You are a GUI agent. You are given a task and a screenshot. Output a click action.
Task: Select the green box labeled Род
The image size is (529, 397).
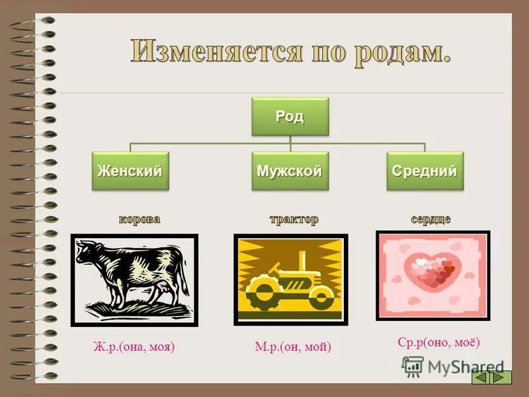290,117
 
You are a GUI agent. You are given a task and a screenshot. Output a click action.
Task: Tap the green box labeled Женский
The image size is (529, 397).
130,171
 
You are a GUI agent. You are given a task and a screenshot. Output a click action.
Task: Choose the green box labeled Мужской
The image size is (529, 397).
290,171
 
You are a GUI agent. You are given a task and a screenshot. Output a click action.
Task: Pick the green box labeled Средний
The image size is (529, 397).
425,171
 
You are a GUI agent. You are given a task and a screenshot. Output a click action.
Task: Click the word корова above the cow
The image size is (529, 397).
139,219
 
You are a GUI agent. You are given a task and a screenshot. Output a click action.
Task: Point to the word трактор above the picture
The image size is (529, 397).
293,219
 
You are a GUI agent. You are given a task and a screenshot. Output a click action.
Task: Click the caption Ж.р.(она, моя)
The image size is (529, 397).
134,346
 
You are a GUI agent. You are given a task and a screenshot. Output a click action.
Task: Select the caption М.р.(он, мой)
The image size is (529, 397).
292,346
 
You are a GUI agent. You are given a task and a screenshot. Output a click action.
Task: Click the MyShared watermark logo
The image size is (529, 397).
453,367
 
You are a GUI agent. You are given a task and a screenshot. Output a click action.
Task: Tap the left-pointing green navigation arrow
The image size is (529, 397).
481,377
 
